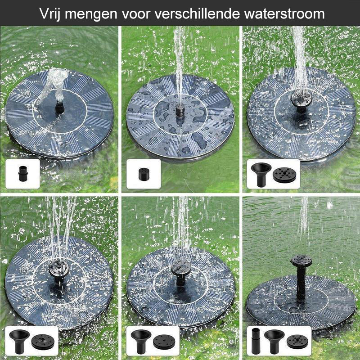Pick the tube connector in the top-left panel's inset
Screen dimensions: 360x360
(x=22, y=172)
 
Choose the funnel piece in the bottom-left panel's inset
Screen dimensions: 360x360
(x=20, y=341)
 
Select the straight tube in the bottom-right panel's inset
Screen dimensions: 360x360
(x=255, y=341)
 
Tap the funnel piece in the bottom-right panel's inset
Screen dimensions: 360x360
(x=274, y=341)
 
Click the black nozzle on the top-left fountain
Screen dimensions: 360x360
(x=58, y=108)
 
